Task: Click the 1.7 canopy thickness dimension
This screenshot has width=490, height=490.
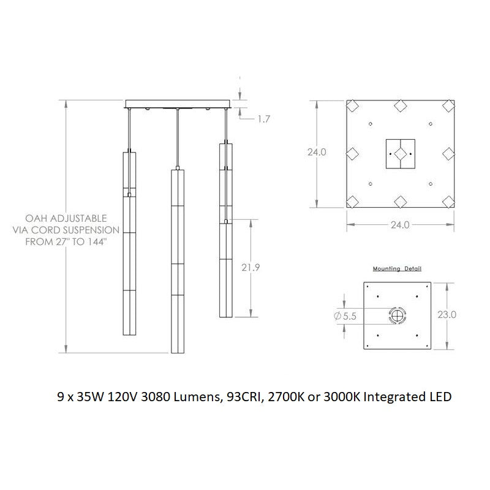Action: [263, 119]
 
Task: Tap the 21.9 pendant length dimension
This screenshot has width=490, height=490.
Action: [251, 268]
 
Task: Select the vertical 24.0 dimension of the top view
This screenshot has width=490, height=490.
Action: [317, 152]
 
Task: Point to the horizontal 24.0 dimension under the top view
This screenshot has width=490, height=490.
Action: [400, 225]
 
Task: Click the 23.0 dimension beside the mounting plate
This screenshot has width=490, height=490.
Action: [447, 315]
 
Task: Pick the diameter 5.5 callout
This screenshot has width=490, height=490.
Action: [345, 316]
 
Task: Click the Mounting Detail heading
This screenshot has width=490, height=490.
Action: [397, 269]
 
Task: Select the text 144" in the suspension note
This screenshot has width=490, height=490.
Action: [96, 242]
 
